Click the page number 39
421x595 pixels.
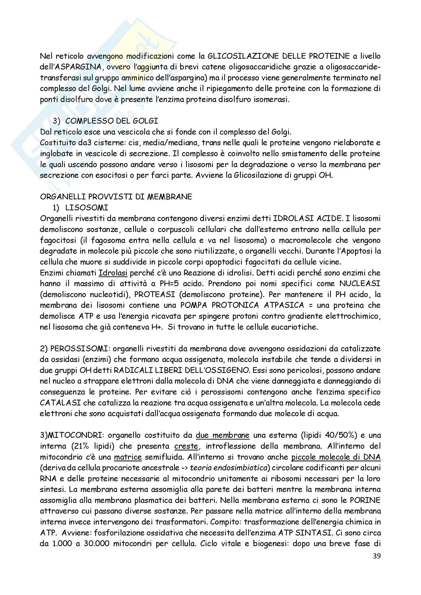pyautogui.click(x=377, y=556)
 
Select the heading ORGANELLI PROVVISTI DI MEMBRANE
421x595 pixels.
pyautogui.click(x=116, y=197)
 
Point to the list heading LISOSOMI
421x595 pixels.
pyautogui.click(x=87, y=208)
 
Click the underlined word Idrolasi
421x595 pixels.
pyautogui.click(x=113, y=273)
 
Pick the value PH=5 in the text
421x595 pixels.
pyautogui.click(x=169, y=283)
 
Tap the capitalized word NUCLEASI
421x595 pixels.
pyautogui.click(x=360, y=283)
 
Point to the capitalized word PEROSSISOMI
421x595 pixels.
pyautogui.click(x=79, y=349)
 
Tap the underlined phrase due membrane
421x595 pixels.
pyautogui.click(x=222, y=435)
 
